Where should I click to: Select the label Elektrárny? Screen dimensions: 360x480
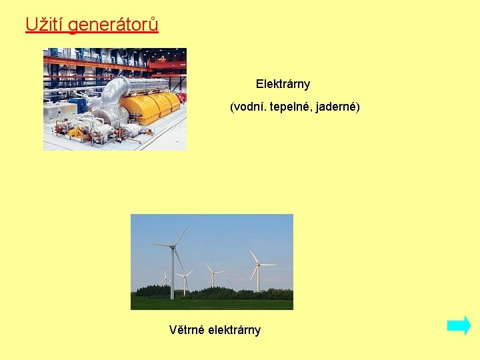(283, 85)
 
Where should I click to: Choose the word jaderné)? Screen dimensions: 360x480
(341, 107)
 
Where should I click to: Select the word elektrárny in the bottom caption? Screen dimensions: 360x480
(235, 330)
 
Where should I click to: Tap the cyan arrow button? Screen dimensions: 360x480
(459, 326)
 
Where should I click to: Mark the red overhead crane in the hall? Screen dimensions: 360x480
(167, 65)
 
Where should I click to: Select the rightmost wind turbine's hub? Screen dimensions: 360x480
(258, 265)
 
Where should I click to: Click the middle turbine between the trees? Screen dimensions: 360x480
(213, 273)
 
